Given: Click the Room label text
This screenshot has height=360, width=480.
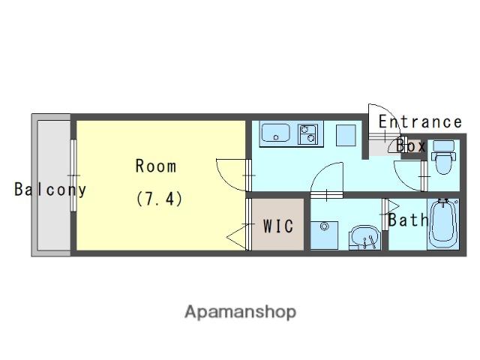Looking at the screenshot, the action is [x=156, y=166].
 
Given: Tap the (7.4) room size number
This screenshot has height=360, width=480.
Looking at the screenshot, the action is [x=159, y=199].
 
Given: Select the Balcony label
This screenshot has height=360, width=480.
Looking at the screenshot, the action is [x=50, y=190].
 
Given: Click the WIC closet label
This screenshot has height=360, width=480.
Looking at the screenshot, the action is [x=278, y=226].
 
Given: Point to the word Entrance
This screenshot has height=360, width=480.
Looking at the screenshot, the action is [x=420, y=121].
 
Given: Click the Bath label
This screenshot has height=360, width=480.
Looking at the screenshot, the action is [x=408, y=220].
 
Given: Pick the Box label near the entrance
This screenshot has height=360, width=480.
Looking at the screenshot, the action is [x=410, y=146].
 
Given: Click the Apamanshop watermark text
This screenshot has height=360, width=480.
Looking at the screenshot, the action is [x=240, y=312].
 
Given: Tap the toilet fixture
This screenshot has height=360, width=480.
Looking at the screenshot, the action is [x=443, y=157].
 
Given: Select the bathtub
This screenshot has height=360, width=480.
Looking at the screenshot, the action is [x=443, y=224].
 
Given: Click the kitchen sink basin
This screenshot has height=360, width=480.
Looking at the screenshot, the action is [x=275, y=133].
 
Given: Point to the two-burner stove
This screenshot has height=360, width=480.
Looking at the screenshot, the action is [x=307, y=134].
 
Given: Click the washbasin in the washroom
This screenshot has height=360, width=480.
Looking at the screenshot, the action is [x=365, y=238].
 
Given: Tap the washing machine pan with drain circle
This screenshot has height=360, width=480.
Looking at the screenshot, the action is [x=325, y=235].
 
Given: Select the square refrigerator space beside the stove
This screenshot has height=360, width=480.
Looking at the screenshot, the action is [x=346, y=135].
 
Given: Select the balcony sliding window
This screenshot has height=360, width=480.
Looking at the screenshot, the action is [x=73, y=175].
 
